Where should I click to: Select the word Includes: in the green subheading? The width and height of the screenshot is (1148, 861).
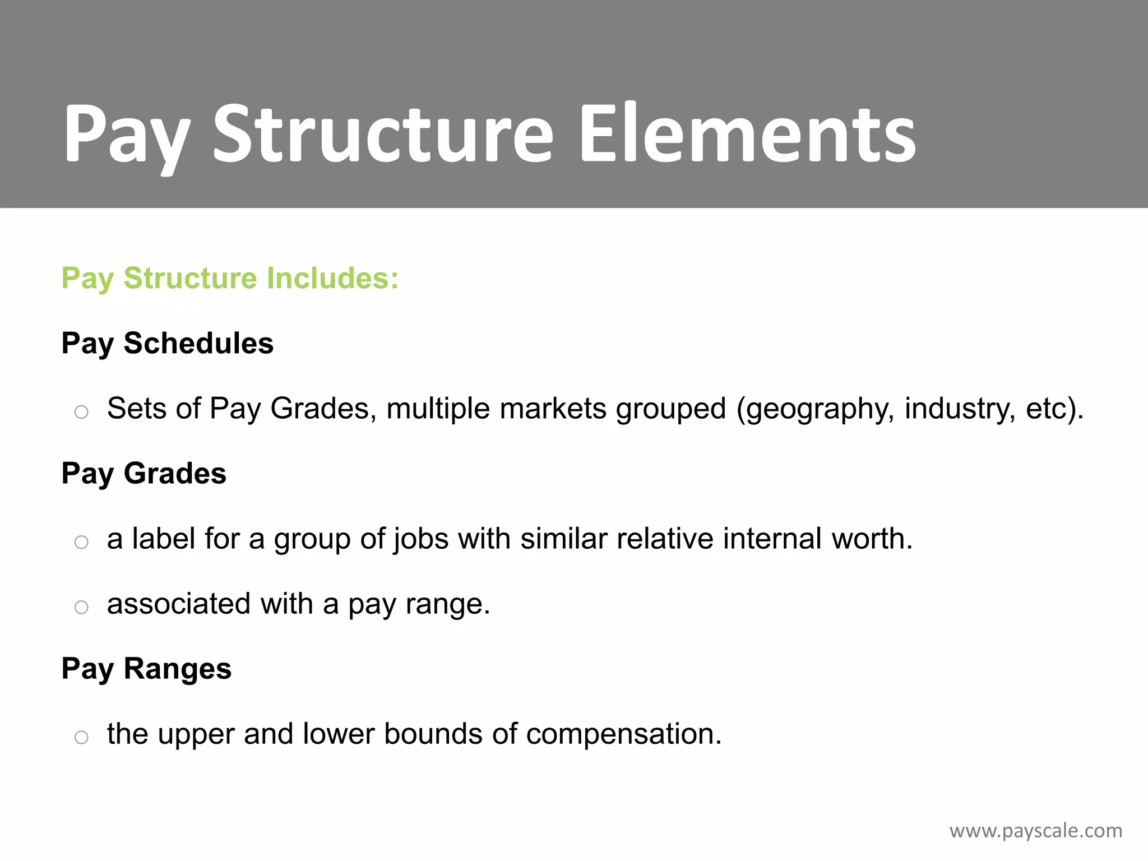click(x=332, y=278)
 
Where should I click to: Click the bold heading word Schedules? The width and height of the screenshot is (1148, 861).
click(x=198, y=343)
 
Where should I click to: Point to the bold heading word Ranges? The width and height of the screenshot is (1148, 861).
click(x=177, y=669)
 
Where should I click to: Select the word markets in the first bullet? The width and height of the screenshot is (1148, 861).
click(x=553, y=409)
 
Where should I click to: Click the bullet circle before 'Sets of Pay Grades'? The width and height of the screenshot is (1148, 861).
click(x=81, y=413)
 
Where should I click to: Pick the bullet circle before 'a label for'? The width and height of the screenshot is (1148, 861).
click(x=81, y=542)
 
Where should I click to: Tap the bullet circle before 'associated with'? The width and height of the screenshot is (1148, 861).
click(x=81, y=607)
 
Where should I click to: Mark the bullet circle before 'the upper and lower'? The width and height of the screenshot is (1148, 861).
click(x=81, y=737)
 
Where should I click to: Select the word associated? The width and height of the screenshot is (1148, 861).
click(x=178, y=604)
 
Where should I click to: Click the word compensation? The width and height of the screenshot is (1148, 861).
click(x=623, y=734)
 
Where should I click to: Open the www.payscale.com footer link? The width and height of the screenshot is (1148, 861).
click(x=1035, y=831)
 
